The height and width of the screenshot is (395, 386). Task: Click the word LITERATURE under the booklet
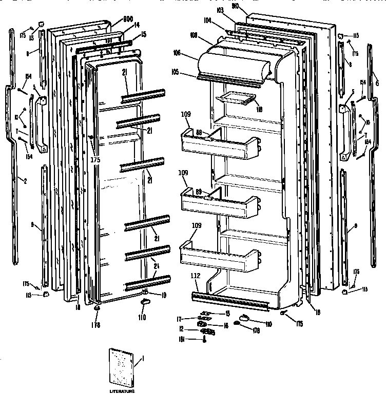(122, 391)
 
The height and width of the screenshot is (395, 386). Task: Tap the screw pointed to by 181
(205, 339)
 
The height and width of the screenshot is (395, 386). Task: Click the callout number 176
(96, 325)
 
